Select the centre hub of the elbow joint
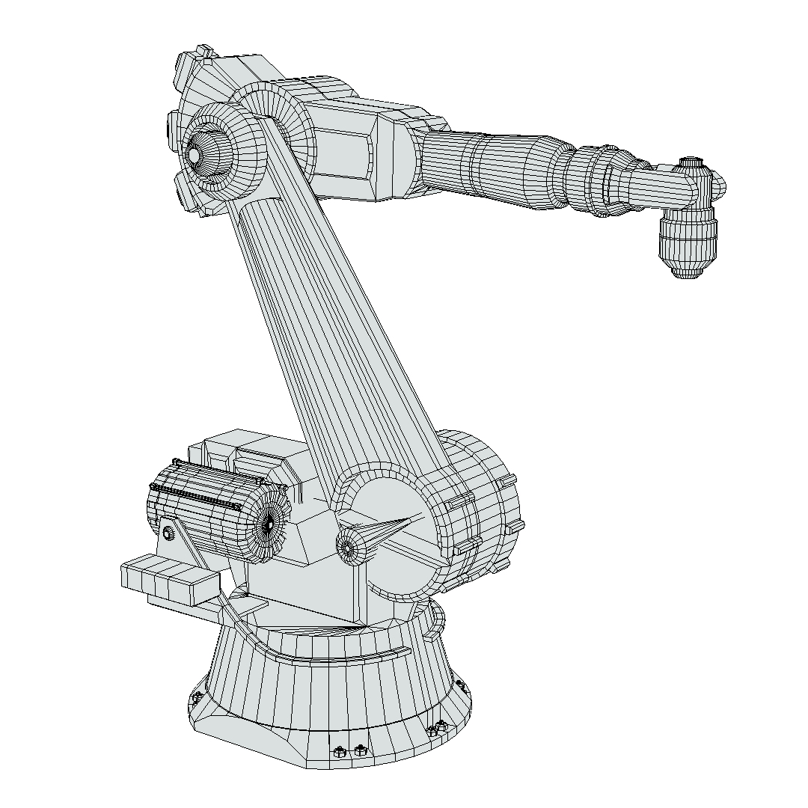click(x=194, y=155)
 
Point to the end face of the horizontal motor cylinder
click(x=268, y=525)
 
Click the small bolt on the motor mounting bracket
click(x=169, y=533)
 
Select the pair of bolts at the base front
click(x=349, y=750)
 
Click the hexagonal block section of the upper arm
click(x=352, y=150)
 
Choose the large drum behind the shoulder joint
click(x=483, y=509)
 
